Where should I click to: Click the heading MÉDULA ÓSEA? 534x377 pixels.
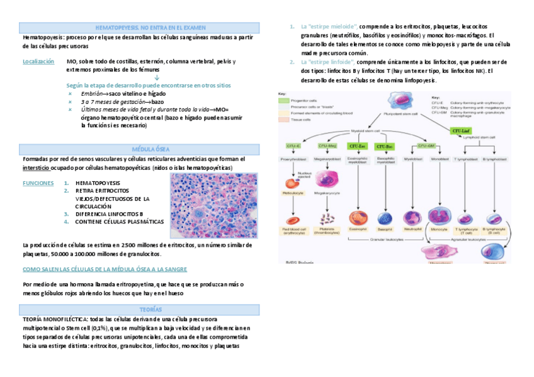[139, 151]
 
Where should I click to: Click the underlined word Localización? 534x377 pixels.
[38, 62]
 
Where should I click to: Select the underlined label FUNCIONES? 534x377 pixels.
[38, 183]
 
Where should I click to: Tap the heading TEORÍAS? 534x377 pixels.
[139, 310]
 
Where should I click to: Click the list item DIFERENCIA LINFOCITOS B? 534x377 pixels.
[110, 213]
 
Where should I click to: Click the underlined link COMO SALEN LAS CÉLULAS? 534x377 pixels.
[105, 269]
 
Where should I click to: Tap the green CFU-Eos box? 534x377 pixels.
[356, 146]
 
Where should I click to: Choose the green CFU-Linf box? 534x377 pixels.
[460, 130]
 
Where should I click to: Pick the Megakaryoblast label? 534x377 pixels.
[326, 160]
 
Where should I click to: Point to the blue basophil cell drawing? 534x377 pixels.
[385, 218]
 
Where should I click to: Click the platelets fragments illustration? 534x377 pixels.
[326, 218]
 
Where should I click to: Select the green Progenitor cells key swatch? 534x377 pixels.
[285, 101]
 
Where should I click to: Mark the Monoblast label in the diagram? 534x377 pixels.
[436, 160]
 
